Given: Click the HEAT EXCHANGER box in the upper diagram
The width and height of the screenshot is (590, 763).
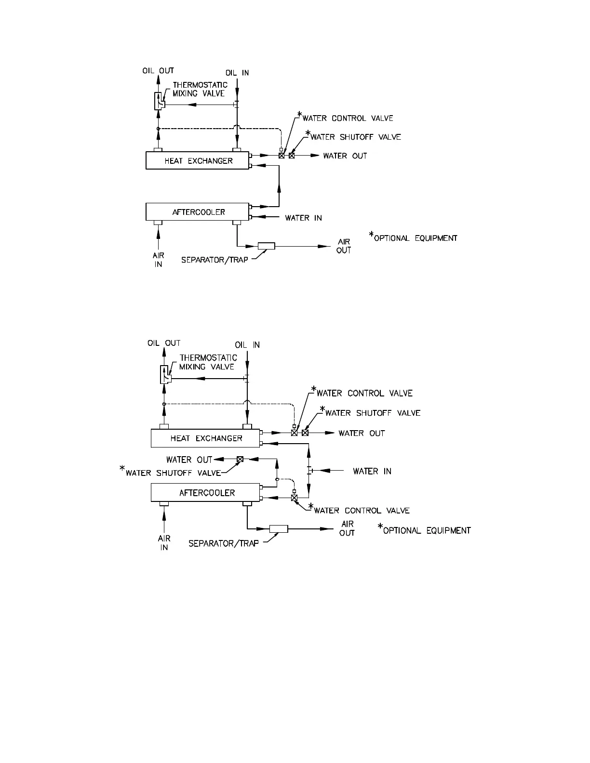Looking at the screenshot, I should coord(198,161).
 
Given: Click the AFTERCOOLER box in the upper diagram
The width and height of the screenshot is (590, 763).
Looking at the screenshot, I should coord(198,212).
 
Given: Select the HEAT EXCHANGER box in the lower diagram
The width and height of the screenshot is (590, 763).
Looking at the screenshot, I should coord(206,438).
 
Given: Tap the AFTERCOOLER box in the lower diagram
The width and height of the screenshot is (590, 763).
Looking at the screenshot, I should coord(206,493).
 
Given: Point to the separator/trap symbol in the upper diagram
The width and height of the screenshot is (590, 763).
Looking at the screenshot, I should coord(266,246).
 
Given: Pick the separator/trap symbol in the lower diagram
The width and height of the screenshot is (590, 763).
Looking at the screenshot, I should coord(279,528).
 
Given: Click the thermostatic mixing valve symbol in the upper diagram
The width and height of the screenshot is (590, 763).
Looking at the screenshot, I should coord(159,101).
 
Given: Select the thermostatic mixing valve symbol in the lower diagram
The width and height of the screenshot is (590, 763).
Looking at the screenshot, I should coord(165,374).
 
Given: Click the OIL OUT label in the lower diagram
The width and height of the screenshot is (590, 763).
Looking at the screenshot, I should coord(164,343).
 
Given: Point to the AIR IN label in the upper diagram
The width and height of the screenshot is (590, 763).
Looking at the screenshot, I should coord(158,261).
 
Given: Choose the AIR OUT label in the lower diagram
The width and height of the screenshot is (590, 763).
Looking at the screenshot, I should coord(347,528).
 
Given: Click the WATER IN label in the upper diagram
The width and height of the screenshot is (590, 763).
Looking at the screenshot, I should coord(303,218).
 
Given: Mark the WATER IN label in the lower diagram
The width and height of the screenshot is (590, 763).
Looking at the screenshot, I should coord(372,471).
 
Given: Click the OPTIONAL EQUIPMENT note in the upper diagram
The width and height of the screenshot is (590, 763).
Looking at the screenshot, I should coord(415,238).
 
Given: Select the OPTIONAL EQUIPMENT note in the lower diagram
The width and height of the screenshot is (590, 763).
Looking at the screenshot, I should coord(426,530).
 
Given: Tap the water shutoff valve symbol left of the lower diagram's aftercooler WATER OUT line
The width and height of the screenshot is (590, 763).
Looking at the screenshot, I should coord(240,459).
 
